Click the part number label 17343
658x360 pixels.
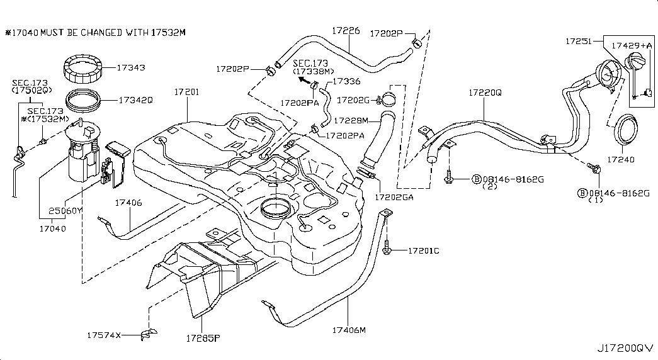[131, 67]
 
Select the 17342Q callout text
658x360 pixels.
[134, 99]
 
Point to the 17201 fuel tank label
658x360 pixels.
[186, 93]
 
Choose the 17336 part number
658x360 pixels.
[346, 81]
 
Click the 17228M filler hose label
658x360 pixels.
[351, 120]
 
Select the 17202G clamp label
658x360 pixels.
[354, 99]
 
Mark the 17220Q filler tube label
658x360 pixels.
[484, 93]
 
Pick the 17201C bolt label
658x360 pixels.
[423, 251]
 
